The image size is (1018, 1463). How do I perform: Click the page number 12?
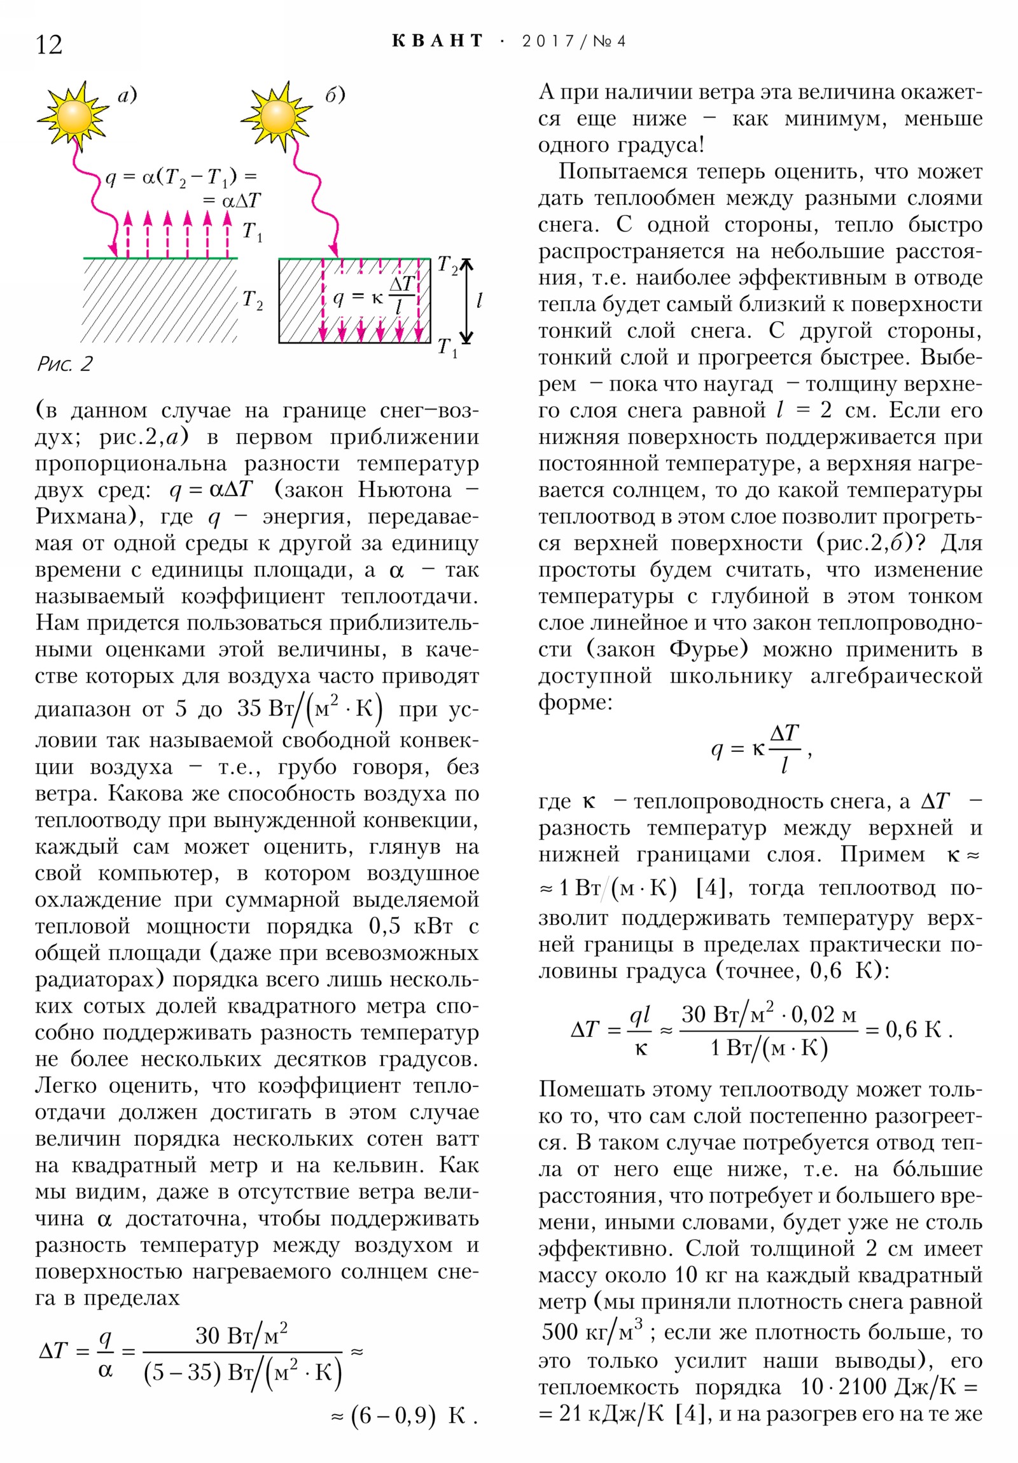[x=49, y=45]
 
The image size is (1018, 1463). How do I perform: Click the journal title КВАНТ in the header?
[x=437, y=41]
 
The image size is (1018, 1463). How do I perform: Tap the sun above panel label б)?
[x=277, y=116]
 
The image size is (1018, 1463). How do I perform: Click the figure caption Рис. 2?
[x=65, y=364]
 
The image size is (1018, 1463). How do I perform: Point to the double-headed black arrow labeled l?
[x=467, y=301]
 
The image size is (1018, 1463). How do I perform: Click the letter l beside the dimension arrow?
[x=479, y=300]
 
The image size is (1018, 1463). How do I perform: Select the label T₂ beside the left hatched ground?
[x=253, y=300]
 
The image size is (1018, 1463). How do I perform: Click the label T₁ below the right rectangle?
[x=447, y=348]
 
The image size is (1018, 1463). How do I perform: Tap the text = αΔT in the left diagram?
[x=232, y=201]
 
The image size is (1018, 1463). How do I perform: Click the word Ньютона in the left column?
[x=405, y=489]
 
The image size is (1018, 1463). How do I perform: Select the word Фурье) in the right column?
[x=708, y=649]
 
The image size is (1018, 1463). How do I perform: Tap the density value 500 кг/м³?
[x=592, y=1331]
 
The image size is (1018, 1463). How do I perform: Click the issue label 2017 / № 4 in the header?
[x=574, y=41]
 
